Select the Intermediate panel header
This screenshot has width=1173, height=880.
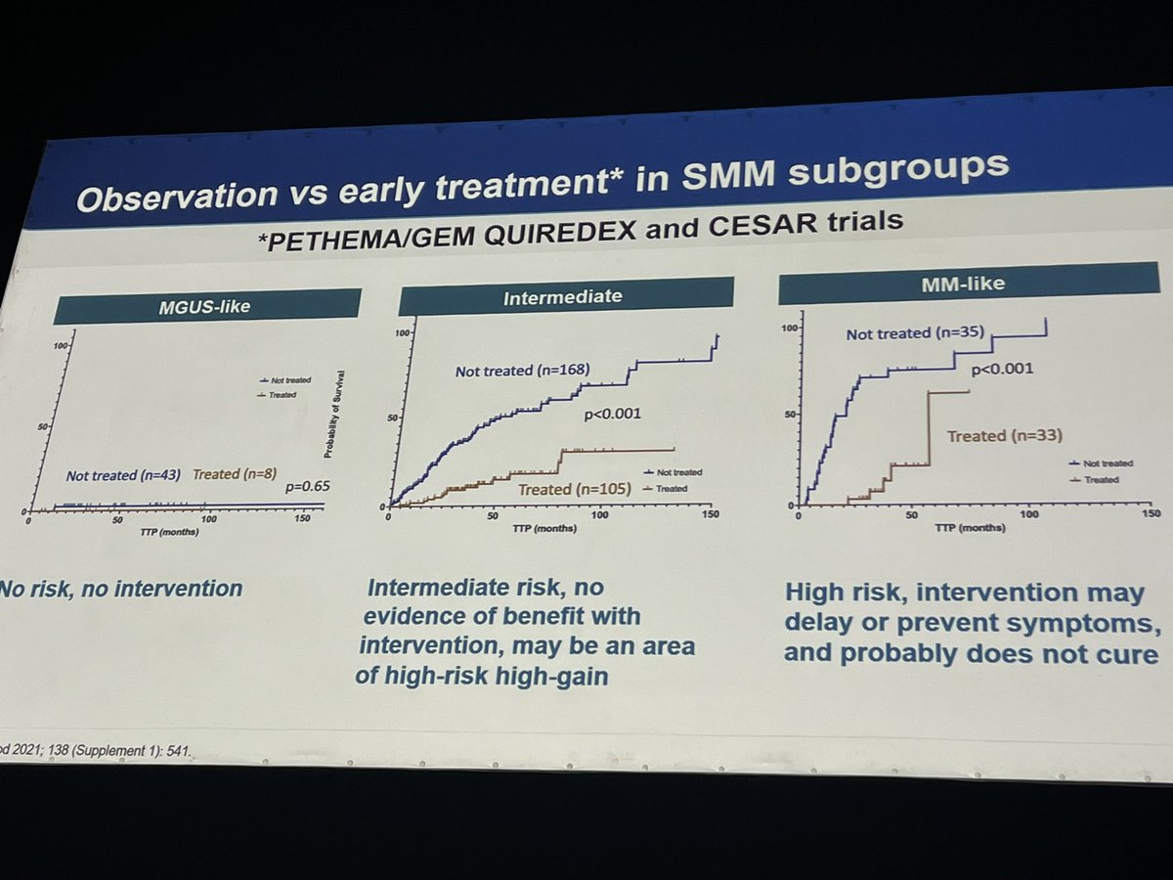point(565,296)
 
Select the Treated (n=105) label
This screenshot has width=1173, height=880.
point(575,489)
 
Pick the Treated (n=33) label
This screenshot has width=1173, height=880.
point(1004,436)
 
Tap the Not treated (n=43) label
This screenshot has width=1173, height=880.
point(121,475)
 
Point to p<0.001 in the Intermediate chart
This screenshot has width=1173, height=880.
point(612,414)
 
